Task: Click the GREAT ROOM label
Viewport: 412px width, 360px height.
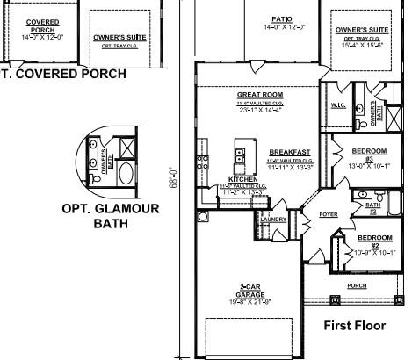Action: [259, 94]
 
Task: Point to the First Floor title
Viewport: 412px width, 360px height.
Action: [354, 326]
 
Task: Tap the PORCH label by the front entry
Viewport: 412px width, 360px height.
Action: [357, 285]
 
